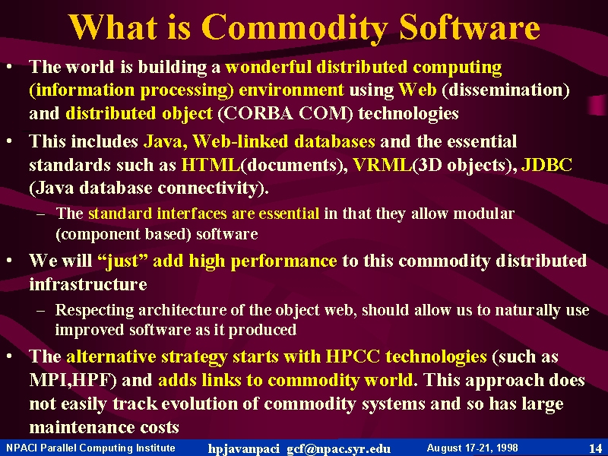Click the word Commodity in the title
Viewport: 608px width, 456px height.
pos(295,28)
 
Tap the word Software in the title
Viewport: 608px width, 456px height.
pos(470,27)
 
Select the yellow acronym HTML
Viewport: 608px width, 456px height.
pos(211,165)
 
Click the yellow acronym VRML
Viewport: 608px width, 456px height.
pos(383,165)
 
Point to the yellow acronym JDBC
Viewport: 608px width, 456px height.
pos(546,165)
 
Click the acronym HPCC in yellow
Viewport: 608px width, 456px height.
pos(353,356)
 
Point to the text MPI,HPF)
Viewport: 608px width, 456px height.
pos(73,381)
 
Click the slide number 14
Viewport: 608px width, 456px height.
pos(595,448)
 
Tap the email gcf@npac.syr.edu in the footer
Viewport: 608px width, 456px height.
pos(338,449)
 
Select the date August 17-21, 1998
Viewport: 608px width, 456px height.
pos(472,448)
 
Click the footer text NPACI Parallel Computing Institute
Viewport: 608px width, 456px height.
pos(90,448)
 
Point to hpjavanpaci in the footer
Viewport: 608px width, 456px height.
pos(243,449)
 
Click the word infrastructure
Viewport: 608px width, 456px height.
pos(88,284)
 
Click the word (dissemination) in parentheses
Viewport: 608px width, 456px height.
pos(505,90)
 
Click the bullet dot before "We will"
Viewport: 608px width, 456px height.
pos(9,259)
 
